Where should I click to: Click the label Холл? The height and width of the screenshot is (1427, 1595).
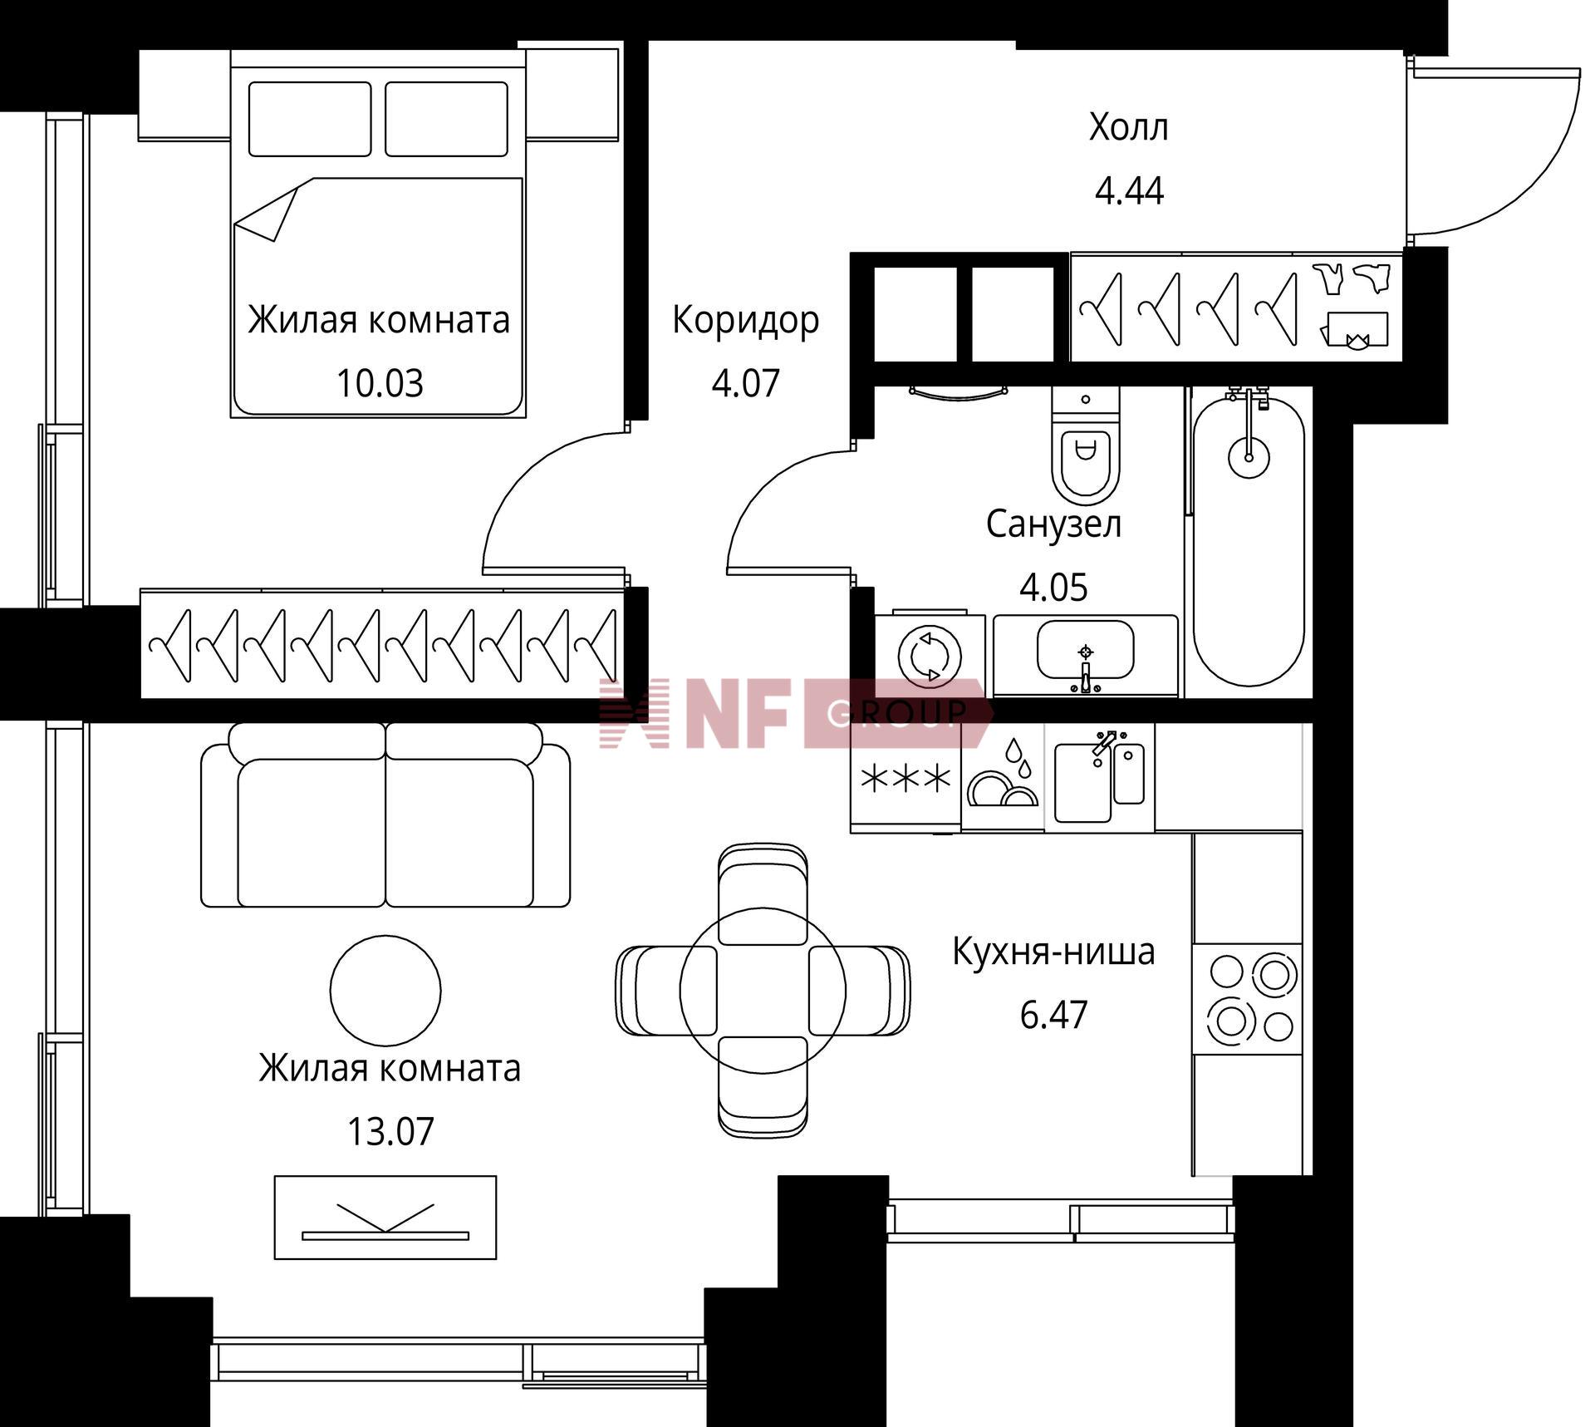click(1128, 128)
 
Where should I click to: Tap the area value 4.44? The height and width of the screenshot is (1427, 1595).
click(1129, 191)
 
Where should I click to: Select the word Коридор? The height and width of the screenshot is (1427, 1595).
click(745, 321)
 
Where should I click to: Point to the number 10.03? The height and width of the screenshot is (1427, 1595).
click(380, 383)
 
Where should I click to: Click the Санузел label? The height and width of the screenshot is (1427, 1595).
click(1053, 524)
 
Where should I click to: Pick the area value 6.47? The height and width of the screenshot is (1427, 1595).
click(1053, 1015)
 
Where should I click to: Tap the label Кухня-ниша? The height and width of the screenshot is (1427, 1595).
click(1053, 952)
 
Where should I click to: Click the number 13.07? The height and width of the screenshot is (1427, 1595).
click(390, 1132)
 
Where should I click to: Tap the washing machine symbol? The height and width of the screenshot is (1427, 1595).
click(930, 655)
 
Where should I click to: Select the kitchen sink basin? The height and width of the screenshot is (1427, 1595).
click(1083, 782)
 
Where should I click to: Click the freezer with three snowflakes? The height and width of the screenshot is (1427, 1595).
click(905, 778)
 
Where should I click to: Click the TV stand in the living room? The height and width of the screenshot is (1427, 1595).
click(385, 1218)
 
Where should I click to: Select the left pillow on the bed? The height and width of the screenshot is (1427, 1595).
click(310, 119)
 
